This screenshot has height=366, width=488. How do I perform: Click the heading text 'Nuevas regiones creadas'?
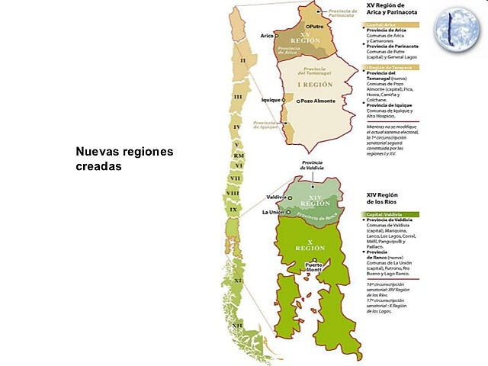point(124,158)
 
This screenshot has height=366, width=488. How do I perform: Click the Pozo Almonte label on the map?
point(318,100)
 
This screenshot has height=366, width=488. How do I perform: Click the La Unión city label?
point(273,212)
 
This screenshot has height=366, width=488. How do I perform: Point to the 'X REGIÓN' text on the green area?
point(310,247)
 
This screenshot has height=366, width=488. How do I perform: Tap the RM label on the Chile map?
point(239,155)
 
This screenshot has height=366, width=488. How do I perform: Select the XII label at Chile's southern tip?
point(239,326)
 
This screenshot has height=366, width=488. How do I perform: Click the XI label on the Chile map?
point(238,281)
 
